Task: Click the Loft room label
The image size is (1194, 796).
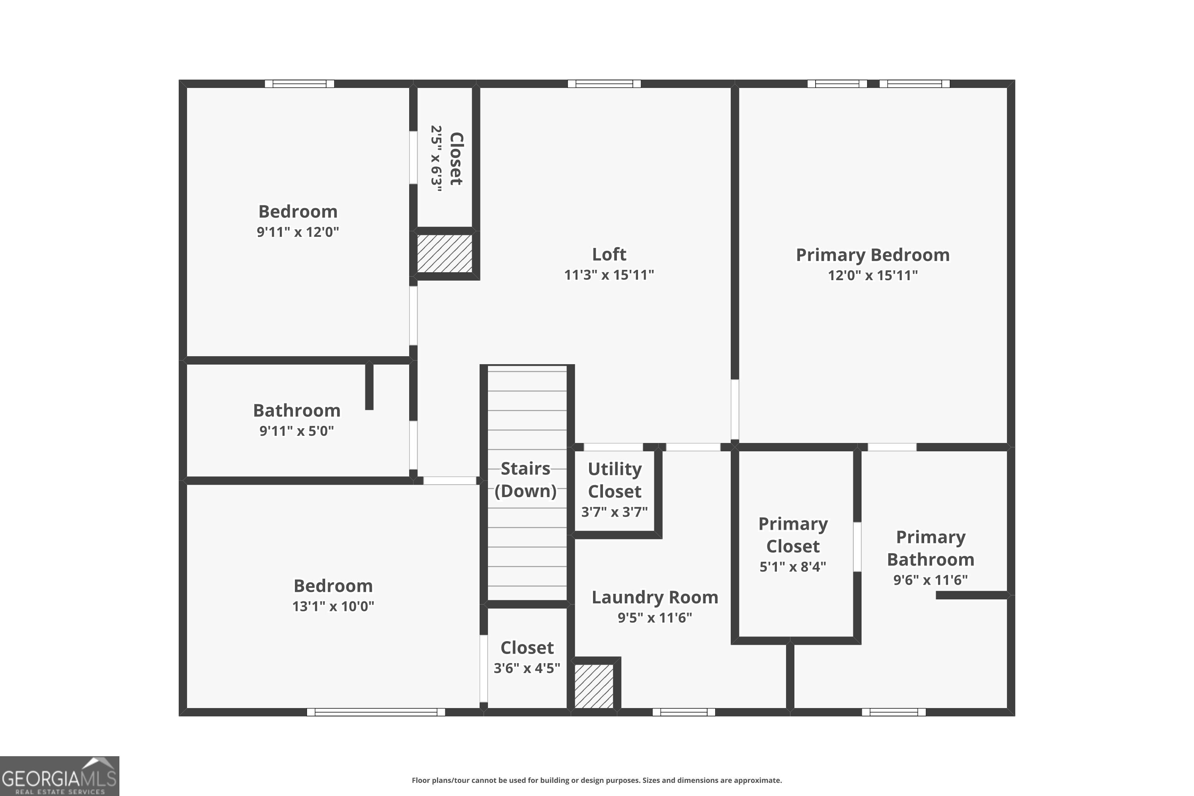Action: coord(609,254)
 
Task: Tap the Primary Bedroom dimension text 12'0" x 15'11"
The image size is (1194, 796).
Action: coord(872,275)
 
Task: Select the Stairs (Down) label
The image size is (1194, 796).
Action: coord(525,479)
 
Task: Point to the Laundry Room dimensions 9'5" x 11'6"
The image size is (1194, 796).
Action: coord(654,617)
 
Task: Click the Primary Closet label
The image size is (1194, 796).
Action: coord(792,535)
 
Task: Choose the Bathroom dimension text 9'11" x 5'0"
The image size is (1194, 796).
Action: coord(297,431)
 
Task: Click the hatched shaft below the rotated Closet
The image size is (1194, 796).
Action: coord(444,253)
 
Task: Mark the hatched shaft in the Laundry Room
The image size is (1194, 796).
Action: coord(593,686)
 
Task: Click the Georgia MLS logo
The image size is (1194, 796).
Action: coord(59,776)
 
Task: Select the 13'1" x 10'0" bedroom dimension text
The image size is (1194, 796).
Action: coord(333,606)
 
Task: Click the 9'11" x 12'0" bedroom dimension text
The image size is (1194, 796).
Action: coord(297,232)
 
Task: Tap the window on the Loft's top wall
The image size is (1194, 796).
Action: coord(604,84)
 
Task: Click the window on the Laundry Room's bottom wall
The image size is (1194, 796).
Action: coord(683,712)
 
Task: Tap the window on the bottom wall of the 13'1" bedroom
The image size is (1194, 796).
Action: coord(376,712)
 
